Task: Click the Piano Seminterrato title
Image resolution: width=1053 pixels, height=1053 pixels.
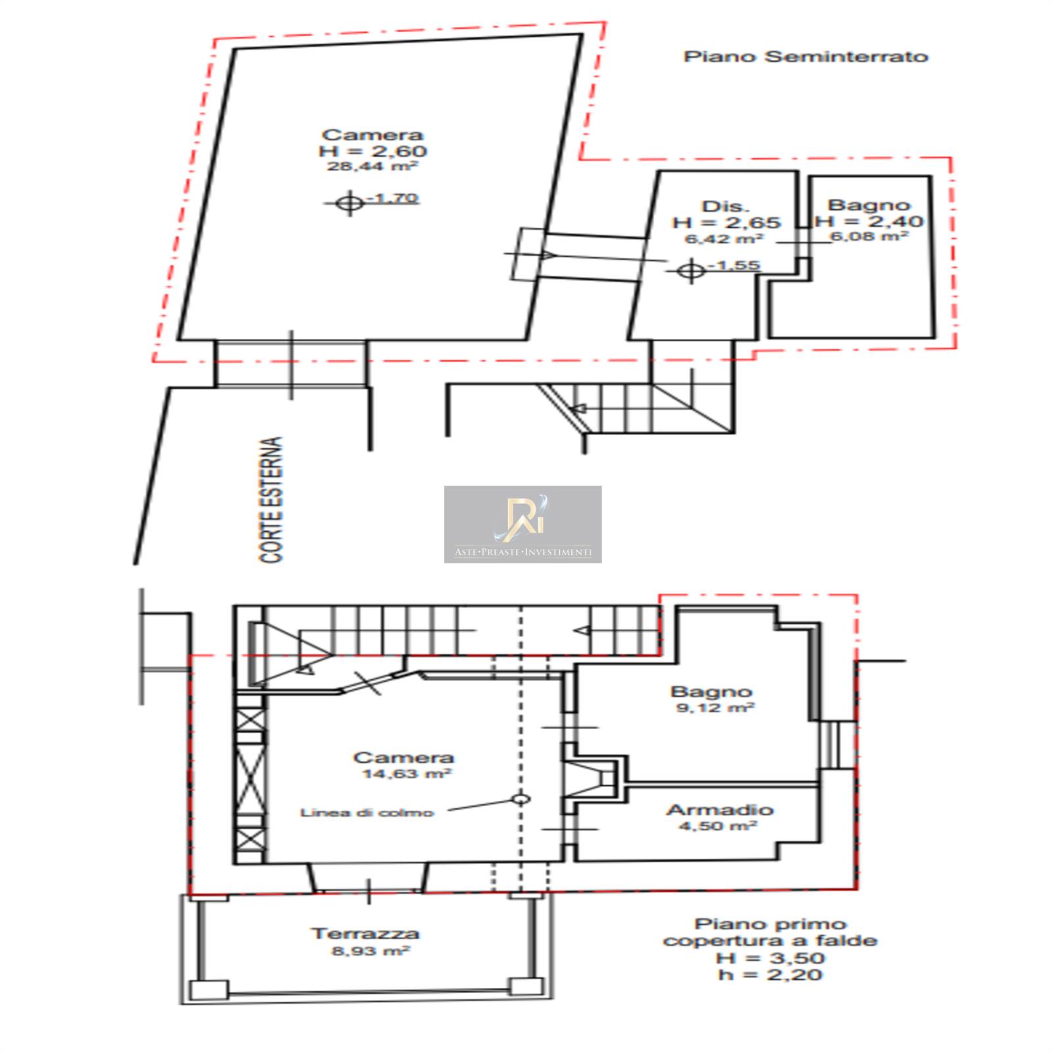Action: pyautogui.click(x=806, y=57)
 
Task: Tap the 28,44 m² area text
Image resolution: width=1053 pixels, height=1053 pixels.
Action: pyautogui.click(x=372, y=167)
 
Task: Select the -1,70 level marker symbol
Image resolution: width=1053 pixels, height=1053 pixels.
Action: pyautogui.click(x=349, y=203)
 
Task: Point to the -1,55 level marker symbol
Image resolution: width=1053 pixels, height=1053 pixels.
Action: pyautogui.click(x=691, y=270)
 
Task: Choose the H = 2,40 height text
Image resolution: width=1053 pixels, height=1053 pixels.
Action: pyautogui.click(x=869, y=221)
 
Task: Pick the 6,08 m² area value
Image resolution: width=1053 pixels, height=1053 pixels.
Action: pyautogui.click(x=869, y=236)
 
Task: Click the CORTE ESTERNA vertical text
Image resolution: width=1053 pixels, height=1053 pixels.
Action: pyautogui.click(x=271, y=500)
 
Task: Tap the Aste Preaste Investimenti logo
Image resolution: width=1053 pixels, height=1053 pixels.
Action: pyautogui.click(x=523, y=525)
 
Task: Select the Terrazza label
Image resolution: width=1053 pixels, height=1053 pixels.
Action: pyautogui.click(x=365, y=934)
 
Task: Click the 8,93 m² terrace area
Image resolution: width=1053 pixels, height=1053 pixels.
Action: pyautogui.click(x=371, y=951)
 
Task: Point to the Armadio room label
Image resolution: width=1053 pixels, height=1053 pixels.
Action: pyautogui.click(x=720, y=810)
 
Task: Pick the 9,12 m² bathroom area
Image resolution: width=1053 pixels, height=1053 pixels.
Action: pyautogui.click(x=715, y=708)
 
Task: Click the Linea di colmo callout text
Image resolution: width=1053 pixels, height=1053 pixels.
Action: pyautogui.click(x=367, y=813)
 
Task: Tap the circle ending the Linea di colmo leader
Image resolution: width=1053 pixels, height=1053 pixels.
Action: pyautogui.click(x=521, y=800)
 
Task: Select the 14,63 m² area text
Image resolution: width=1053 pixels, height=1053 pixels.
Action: pyautogui.click(x=407, y=774)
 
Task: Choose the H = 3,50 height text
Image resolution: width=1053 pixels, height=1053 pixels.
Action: pyautogui.click(x=770, y=958)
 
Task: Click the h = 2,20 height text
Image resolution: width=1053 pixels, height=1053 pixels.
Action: pyautogui.click(x=770, y=975)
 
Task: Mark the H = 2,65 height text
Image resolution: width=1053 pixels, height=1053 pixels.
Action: pyautogui.click(x=727, y=222)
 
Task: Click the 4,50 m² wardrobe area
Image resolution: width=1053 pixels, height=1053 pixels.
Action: pyautogui.click(x=718, y=826)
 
